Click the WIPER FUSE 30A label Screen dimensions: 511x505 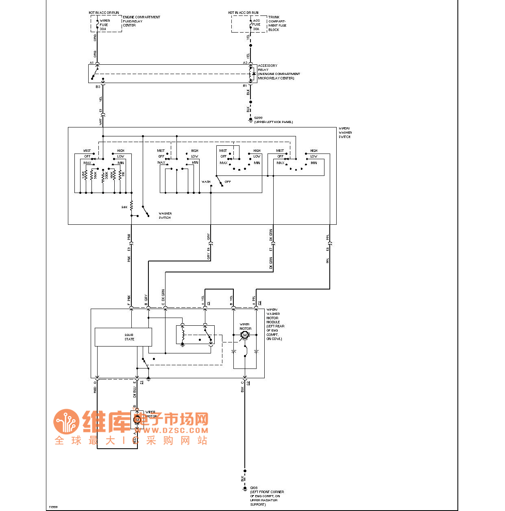coord(104,25)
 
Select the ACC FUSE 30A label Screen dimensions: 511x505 coord(256,24)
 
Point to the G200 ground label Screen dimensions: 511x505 coord(258,118)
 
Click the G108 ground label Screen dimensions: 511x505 coord(254,488)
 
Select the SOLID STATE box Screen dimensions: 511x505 coord(123,337)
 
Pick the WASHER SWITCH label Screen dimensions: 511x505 coord(165,215)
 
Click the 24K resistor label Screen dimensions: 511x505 coord(124,207)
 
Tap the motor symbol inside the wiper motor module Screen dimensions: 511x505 coord(245,335)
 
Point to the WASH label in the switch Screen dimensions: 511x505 coord(206,182)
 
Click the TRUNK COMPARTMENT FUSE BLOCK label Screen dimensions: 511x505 coord(277,23)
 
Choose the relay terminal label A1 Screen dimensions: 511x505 coord(91,63)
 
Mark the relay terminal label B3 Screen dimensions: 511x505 coord(98,87)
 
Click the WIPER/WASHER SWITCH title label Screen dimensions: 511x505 coord(345,133)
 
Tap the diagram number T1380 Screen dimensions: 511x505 coord(53,507)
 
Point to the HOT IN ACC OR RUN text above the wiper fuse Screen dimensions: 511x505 coord(104,13)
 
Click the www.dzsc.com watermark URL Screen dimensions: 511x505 coord(172,430)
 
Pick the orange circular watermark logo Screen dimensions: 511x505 coord(66,422)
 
